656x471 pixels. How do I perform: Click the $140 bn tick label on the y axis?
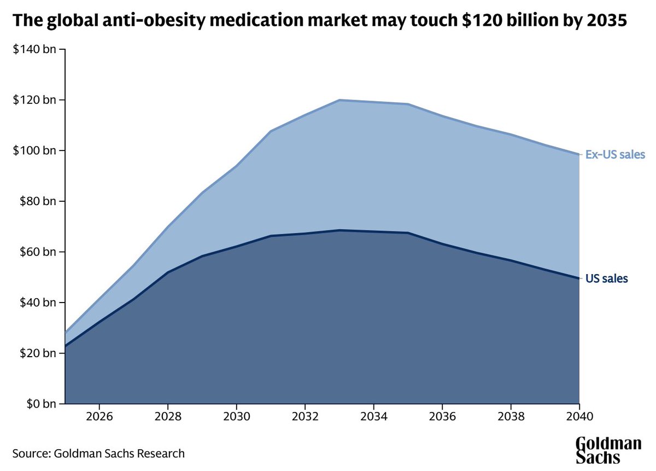tap(34, 50)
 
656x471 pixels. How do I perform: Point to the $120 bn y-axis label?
tap(34, 100)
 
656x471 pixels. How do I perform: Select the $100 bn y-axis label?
tap(34, 151)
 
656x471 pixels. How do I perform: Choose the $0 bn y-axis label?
tap(39, 404)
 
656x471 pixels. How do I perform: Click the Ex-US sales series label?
tap(616, 154)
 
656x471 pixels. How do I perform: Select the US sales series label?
tap(607, 278)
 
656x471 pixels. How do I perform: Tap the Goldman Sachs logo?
tap(608, 450)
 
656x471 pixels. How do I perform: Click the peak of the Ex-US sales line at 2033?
tap(339, 100)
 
